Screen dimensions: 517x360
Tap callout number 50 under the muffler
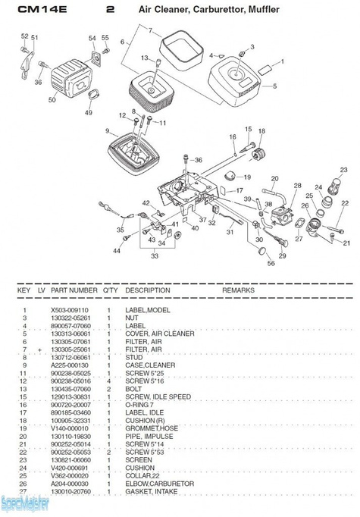pyautogui.click(x=52, y=100)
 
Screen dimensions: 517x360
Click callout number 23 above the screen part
pyautogui.click(x=343, y=171)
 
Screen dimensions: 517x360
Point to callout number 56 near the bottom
pyautogui.click(x=271, y=263)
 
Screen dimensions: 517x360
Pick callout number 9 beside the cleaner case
pyautogui.click(x=108, y=131)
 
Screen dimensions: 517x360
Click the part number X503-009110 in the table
pyautogui.click(x=69, y=310)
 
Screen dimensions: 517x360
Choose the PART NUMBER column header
pyautogui.click(x=74, y=290)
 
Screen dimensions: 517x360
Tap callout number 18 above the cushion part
pyautogui.click(x=261, y=132)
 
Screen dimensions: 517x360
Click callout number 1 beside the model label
pyautogui.click(x=283, y=61)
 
